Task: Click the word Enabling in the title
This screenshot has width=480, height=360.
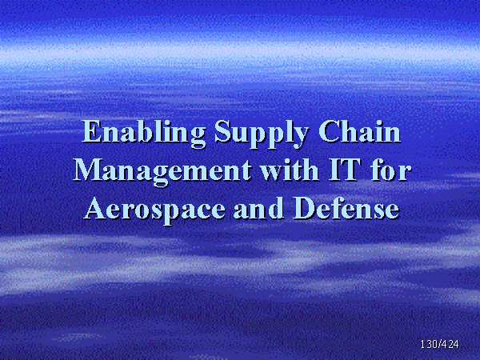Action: pyautogui.click(x=143, y=134)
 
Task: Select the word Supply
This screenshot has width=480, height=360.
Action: pyautogui.click(x=261, y=134)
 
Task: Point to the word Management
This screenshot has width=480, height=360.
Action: pyautogui.click(x=162, y=171)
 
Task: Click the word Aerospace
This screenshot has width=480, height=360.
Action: pyautogui.click(x=154, y=210)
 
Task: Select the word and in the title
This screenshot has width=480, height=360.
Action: pyautogui.click(x=258, y=207)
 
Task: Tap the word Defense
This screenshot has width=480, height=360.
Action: pyautogui.click(x=346, y=207)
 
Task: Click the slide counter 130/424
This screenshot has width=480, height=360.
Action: pyautogui.click(x=439, y=344)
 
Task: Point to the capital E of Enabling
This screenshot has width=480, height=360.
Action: pyautogui.click(x=92, y=131)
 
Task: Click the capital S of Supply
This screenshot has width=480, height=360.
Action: pyautogui.click(x=222, y=131)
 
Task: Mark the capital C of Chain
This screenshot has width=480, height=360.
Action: pyautogui.click(x=329, y=131)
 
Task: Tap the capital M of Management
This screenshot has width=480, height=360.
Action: pyautogui.click(x=87, y=170)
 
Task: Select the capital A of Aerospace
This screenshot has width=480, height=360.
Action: pyautogui.click(x=96, y=208)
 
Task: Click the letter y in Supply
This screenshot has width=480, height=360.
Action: pyautogui.click(x=298, y=138)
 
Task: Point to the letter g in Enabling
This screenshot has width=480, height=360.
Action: pyautogui.click(x=197, y=138)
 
